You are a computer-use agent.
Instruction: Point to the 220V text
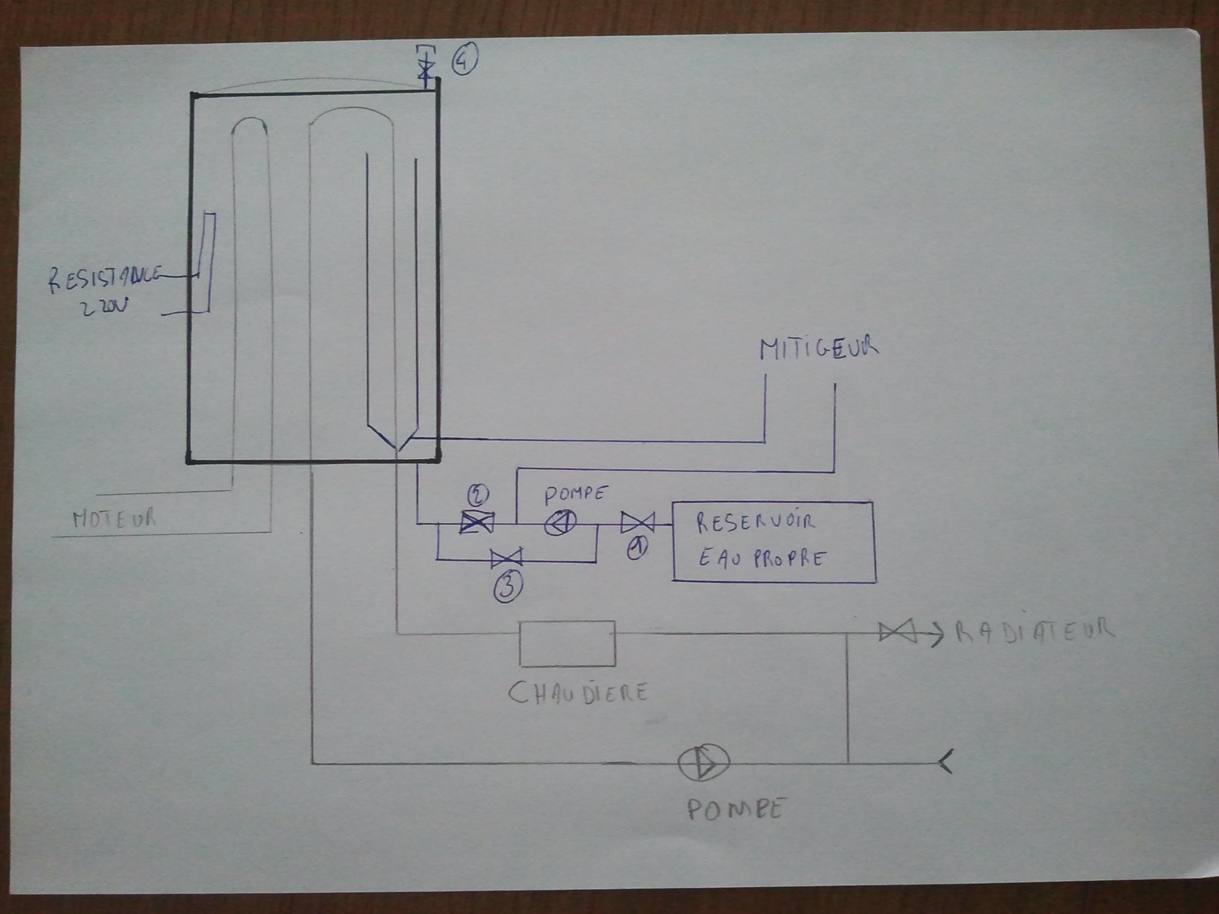pyautogui.click(x=104, y=307)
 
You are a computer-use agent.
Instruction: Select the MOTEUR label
pyautogui.click(x=114, y=518)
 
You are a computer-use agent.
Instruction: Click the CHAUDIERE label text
pyautogui.click(x=577, y=694)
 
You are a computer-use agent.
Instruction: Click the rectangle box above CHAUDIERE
pyautogui.click(x=567, y=644)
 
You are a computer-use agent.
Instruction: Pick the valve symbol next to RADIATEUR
pyautogui.click(x=897, y=632)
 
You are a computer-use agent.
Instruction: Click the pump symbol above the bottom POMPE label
pyautogui.click(x=703, y=763)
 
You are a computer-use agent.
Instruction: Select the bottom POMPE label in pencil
pyautogui.click(x=735, y=810)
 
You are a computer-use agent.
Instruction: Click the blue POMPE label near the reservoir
pyautogui.click(x=575, y=494)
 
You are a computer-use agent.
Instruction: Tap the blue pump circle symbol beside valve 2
pyautogui.click(x=560, y=522)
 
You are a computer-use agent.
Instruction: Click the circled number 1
pyautogui.click(x=638, y=549)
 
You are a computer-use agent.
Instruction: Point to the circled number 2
pyautogui.click(x=477, y=495)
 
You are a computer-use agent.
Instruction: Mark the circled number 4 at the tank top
pyautogui.click(x=465, y=60)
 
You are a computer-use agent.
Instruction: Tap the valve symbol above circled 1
pyautogui.click(x=637, y=522)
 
